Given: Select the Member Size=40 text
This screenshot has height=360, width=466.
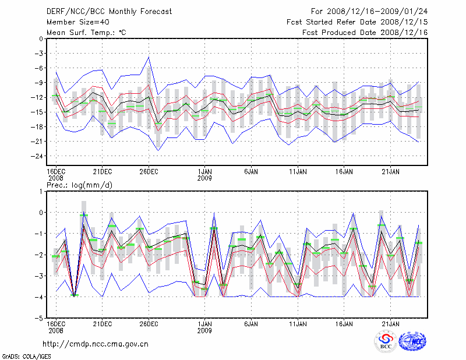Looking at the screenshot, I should [76, 22].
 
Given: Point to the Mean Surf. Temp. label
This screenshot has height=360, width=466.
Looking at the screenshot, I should [86, 32].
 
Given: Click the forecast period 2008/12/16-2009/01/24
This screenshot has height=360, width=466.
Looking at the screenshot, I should [369, 11].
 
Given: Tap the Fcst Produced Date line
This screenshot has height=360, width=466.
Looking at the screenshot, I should [365, 32].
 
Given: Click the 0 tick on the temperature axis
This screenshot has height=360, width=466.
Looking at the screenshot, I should [40, 39].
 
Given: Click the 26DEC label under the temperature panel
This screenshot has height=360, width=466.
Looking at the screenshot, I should [149, 172].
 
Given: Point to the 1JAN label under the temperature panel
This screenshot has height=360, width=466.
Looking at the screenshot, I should [204, 172].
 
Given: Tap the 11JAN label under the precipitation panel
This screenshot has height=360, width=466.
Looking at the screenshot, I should [298, 323].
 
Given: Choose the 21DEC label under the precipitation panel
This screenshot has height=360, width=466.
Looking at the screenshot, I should [102, 323].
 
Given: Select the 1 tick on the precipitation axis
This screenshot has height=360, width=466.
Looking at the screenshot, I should [41, 191].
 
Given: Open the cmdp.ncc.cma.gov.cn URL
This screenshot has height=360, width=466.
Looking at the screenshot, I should [96, 344].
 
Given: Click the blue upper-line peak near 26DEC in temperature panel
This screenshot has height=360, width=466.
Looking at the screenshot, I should [149, 57].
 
